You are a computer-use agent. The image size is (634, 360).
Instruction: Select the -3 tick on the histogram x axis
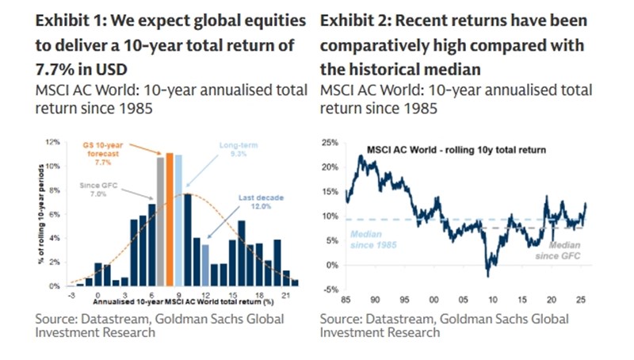[70, 294]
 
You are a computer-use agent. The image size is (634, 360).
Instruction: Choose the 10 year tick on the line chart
[492, 302]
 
